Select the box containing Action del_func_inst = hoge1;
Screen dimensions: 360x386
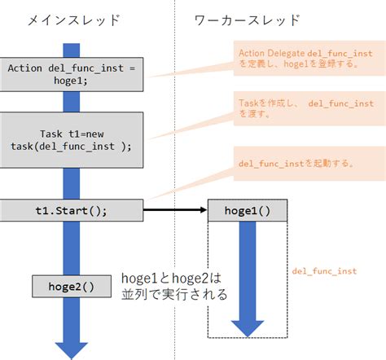(77, 74)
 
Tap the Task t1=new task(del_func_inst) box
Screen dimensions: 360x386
(77, 140)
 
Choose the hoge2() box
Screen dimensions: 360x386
(71, 286)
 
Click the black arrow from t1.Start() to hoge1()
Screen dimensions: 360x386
(175, 209)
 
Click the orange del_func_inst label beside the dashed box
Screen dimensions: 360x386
(324, 270)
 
